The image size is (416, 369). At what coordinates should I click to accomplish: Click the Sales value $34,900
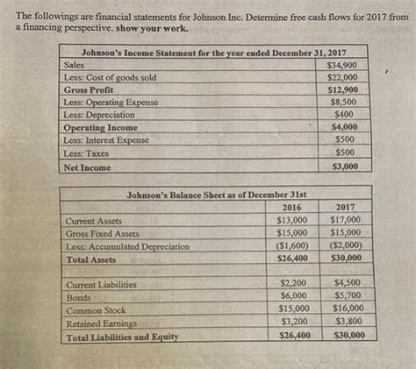341,66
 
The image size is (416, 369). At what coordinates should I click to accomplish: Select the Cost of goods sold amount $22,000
341,78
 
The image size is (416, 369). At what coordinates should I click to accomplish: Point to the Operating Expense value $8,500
342,103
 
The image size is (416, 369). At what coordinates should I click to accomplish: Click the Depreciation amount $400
344,115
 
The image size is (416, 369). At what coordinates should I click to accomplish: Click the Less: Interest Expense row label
106,140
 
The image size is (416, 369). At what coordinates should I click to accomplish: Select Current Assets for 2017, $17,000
346,220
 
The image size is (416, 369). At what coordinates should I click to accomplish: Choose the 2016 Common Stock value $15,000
292,309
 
